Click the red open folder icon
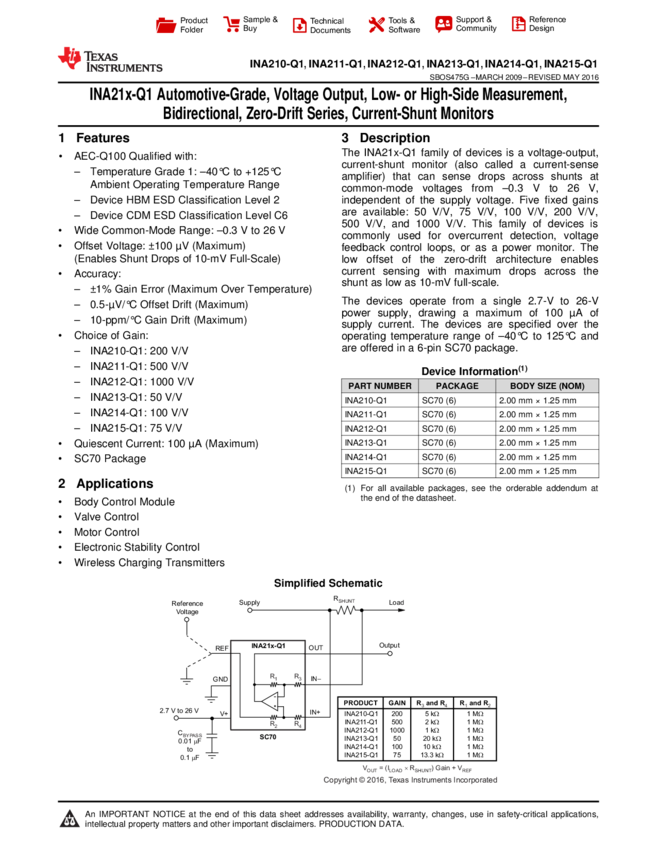click(166, 26)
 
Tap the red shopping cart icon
click(232, 25)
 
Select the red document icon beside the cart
click(299, 26)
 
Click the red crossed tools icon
click(376, 25)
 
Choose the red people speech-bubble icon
click(444, 24)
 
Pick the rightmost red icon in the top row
click(518, 25)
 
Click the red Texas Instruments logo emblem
click(70, 58)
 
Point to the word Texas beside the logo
click(101, 56)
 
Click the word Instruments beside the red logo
click(124, 68)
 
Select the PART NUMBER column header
click(380, 386)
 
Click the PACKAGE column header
click(457, 386)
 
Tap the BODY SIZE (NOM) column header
click(547, 386)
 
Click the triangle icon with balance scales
click(70, 819)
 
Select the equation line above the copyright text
click(417, 768)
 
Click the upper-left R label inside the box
click(273, 677)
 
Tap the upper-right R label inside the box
click(297, 677)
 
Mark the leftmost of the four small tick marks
click(423, 705)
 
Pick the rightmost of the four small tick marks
click(489, 705)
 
